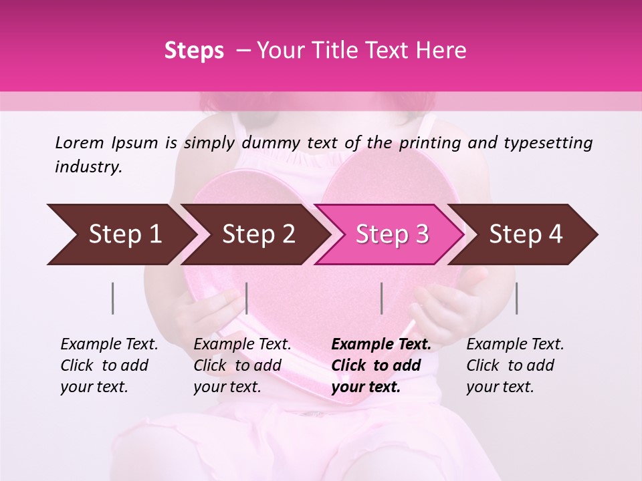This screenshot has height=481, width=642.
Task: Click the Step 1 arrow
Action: tap(120, 234)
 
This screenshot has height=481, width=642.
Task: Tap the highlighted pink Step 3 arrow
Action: tap(392, 234)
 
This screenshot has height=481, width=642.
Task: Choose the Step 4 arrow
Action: tap(526, 234)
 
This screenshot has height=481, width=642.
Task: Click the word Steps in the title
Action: tap(194, 50)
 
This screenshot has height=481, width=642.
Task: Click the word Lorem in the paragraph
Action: tap(80, 142)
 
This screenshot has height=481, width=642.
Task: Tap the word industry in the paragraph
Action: tap(88, 167)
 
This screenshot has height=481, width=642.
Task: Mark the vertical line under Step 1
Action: tap(113, 298)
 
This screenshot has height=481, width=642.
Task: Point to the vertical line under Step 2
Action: tap(247, 298)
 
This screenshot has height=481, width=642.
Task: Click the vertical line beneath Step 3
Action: tap(381, 298)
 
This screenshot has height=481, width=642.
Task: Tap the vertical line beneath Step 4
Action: tap(517, 298)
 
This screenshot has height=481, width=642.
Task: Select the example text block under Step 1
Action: tap(109, 365)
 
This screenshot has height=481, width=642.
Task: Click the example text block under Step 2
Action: tap(242, 365)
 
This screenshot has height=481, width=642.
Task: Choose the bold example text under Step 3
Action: tap(381, 365)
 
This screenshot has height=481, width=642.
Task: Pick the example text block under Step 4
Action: tap(515, 365)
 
